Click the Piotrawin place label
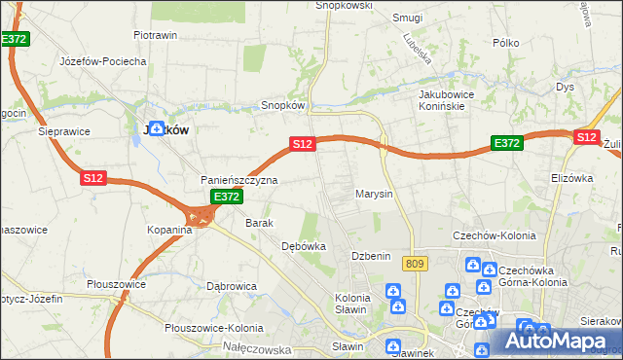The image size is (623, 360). [155, 35]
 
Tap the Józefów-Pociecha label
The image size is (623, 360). [103, 61]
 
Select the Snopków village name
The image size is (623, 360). [284, 106]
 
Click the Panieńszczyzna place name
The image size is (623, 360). [239, 181]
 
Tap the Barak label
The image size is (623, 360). [260, 223]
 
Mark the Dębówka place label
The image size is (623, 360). [303, 246]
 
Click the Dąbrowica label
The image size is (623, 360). [232, 286]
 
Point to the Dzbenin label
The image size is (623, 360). [371, 255]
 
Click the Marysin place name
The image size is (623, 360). [374, 194]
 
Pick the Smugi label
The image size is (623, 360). [407, 18]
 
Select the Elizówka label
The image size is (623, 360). [571, 178]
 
